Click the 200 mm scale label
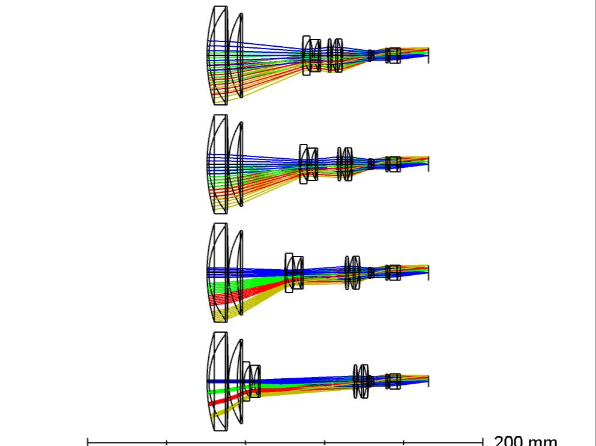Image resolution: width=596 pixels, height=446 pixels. [x=526, y=441]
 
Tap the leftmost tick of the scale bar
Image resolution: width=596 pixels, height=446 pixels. [x=88, y=442]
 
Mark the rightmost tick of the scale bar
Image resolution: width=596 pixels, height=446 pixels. [x=483, y=442]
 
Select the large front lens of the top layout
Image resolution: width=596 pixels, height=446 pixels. [x=217, y=55]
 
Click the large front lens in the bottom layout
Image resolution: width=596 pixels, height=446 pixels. [x=217, y=381]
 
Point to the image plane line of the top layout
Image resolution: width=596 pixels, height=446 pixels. [x=429, y=55]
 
